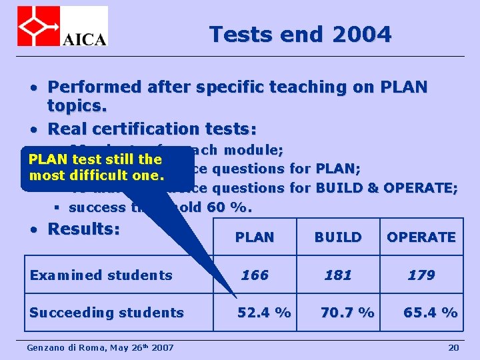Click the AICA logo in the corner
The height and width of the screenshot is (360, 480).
(62, 26)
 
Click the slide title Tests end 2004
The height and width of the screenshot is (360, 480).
(300, 34)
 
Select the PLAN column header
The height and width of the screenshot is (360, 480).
(255, 237)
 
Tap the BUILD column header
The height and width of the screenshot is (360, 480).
(338, 237)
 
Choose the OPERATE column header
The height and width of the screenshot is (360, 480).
(421, 237)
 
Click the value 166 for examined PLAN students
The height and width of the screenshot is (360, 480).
(255, 275)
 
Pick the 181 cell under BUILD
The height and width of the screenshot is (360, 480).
(338, 275)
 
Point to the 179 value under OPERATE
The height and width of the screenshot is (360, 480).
(421, 275)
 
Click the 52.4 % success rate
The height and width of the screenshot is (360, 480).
(265, 312)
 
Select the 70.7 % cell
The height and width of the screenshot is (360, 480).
(347, 312)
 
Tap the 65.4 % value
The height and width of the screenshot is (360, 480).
(431, 312)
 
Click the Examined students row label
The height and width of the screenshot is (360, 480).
(101, 275)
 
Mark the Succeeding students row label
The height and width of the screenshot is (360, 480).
(107, 312)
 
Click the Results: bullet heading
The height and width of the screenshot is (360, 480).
(84, 229)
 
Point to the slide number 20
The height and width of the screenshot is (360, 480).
(453, 347)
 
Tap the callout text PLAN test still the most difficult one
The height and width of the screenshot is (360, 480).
(95, 167)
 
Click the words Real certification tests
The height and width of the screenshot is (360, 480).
(153, 128)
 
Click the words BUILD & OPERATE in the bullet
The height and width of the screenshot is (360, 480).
(387, 188)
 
